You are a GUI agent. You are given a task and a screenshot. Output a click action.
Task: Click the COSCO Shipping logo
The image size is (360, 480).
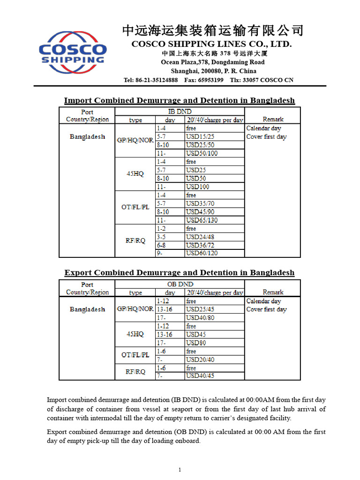coord(73,52)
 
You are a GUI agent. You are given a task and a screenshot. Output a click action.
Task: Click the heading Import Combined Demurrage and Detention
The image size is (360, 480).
coord(179,100)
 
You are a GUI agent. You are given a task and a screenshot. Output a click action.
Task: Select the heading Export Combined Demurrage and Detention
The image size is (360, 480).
coord(179,272)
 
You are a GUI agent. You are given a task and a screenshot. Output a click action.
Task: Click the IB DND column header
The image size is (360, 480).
coord(180,112)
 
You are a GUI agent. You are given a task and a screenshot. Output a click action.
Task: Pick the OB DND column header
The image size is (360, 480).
coord(180,284)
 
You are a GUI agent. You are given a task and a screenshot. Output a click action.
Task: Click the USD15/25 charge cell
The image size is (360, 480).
coord(200,136)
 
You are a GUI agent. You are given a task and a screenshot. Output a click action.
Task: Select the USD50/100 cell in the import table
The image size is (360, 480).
coord(202,153)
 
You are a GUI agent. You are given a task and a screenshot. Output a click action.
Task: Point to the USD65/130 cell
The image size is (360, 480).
coord(202,220)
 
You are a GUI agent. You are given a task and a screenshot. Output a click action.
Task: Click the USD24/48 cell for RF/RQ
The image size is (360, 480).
coord(200,237)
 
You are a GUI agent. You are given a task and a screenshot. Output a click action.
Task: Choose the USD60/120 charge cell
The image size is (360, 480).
coord(202,253)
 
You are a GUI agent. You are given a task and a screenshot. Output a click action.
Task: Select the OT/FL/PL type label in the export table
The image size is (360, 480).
coord(135,355)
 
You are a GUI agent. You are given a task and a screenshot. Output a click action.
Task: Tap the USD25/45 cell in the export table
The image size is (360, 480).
coord(200,309)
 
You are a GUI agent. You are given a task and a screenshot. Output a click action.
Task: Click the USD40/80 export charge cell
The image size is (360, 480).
coord(200,318)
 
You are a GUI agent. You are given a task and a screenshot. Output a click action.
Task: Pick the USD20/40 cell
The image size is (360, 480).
coord(200,360)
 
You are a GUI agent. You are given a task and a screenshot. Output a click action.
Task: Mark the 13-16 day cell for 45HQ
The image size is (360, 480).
coord(165,335)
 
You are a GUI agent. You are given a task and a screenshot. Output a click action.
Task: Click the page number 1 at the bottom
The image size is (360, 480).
coord(180,470)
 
